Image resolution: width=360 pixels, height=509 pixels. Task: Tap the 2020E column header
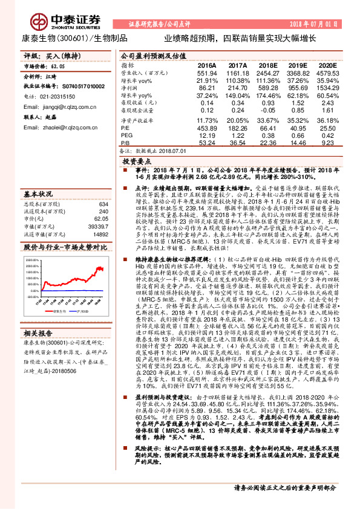point(327,65)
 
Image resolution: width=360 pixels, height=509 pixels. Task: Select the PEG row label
point(126,135)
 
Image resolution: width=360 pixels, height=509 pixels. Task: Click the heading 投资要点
point(136,163)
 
